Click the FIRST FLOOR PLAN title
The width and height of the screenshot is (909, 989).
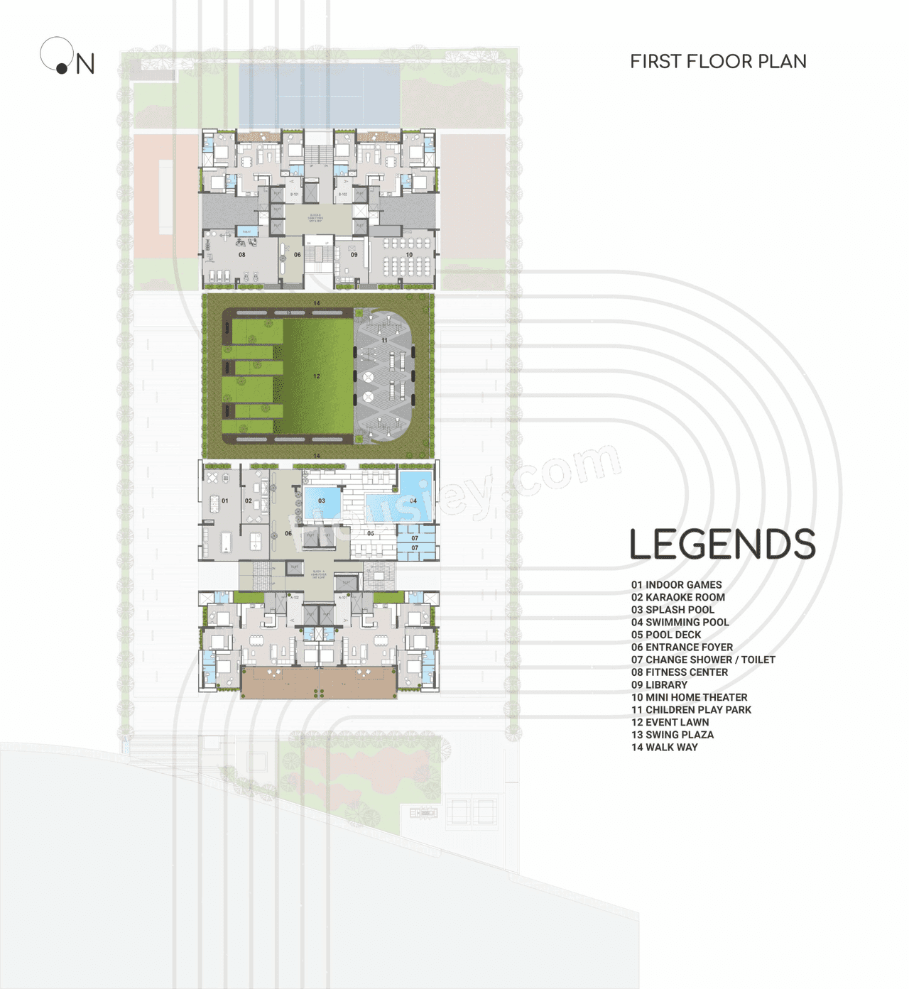[x=718, y=62]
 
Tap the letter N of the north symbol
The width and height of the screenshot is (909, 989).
[x=85, y=65]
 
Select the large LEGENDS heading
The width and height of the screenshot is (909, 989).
[x=722, y=545]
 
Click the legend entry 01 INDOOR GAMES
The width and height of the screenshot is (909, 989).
[x=676, y=585]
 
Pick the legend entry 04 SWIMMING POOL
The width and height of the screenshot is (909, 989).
[x=680, y=623]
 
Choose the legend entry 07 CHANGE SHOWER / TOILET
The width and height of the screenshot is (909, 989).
[x=703, y=660]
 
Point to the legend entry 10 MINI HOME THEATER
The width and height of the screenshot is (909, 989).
[x=689, y=697]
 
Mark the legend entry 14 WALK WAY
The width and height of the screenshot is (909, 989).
[x=664, y=747]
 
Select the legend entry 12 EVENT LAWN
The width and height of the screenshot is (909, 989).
[x=670, y=722]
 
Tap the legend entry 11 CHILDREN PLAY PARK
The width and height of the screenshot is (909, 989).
[x=691, y=710]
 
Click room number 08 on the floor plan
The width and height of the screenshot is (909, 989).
[x=242, y=255]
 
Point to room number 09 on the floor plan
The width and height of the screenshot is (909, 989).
[x=354, y=255]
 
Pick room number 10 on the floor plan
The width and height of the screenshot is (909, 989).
[x=409, y=255]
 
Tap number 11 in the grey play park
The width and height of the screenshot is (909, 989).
[x=384, y=341]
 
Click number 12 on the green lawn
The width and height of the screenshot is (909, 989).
[x=317, y=376]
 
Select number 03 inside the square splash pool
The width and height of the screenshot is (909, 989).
[x=322, y=501]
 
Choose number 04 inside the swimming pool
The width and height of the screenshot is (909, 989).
[x=413, y=501]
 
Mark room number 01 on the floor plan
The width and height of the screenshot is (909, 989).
[x=225, y=501]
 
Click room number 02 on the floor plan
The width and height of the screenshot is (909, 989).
[x=249, y=501]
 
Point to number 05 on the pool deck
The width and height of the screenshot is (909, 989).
[x=371, y=533]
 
